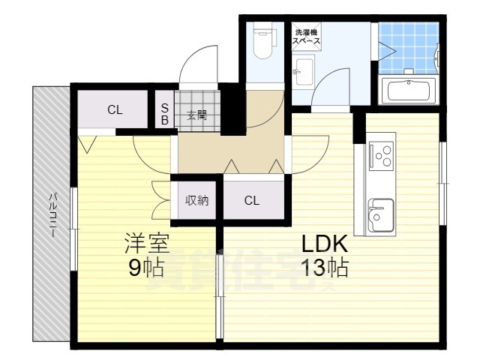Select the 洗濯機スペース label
(x=307, y=37)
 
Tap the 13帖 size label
(x=324, y=267)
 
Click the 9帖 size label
(x=146, y=267)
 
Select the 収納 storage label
(x=196, y=200)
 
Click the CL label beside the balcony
(x=114, y=110)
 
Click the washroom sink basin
(x=301, y=73)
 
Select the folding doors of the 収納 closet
(x=160, y=199)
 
